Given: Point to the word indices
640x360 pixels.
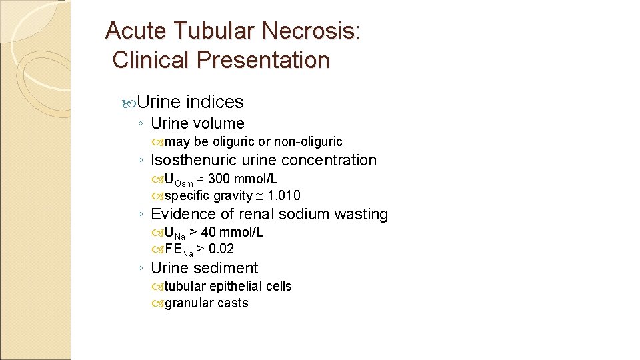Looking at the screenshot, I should click(x=215, y=102).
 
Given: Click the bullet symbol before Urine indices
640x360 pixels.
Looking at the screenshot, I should click(x=129, y=103).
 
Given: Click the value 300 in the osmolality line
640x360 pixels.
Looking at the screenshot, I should click(x=219, y=179).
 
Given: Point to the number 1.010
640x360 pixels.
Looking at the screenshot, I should click(x=284, y=195).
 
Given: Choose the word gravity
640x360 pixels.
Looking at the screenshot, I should click(x=233, y=195).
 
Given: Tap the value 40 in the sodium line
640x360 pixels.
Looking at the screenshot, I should click(x=209, y=232).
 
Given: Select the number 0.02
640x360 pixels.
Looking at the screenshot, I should click(x=221, y=249).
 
